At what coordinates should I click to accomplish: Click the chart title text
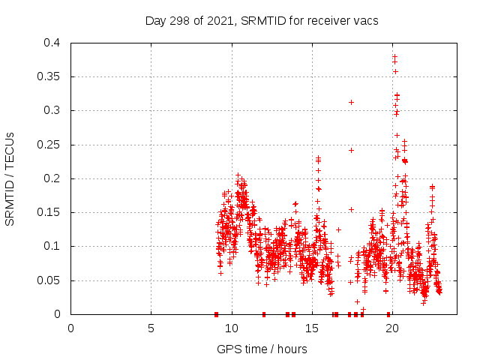262,20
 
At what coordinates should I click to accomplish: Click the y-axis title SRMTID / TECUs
10,178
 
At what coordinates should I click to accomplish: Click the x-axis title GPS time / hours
262,349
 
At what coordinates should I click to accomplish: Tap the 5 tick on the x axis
151,328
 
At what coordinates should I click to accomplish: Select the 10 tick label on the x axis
231,328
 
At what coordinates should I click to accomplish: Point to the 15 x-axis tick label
311,328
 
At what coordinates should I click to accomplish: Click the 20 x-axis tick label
391,328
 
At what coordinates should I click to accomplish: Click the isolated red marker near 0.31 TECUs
351,102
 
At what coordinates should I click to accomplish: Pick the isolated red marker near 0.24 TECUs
351,150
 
